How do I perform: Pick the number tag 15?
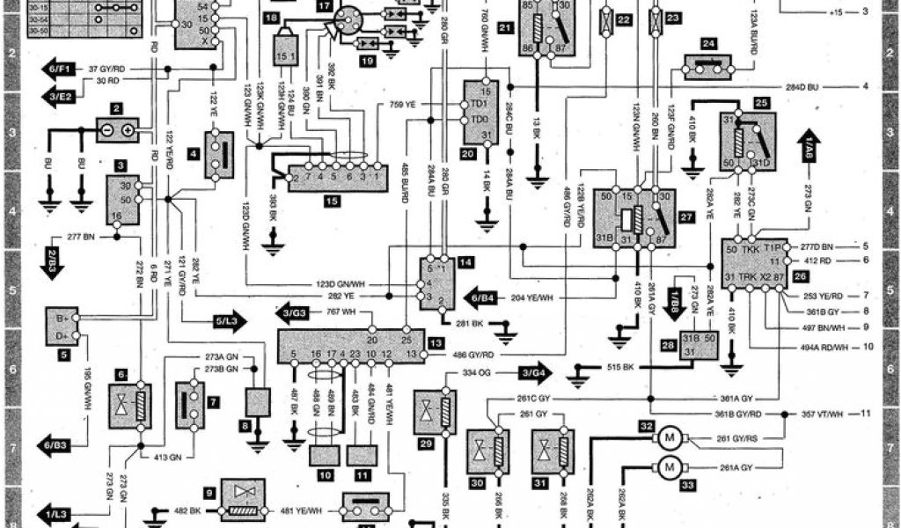click(x=332, y=201)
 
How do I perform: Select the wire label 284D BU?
click(x=801, y=86)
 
